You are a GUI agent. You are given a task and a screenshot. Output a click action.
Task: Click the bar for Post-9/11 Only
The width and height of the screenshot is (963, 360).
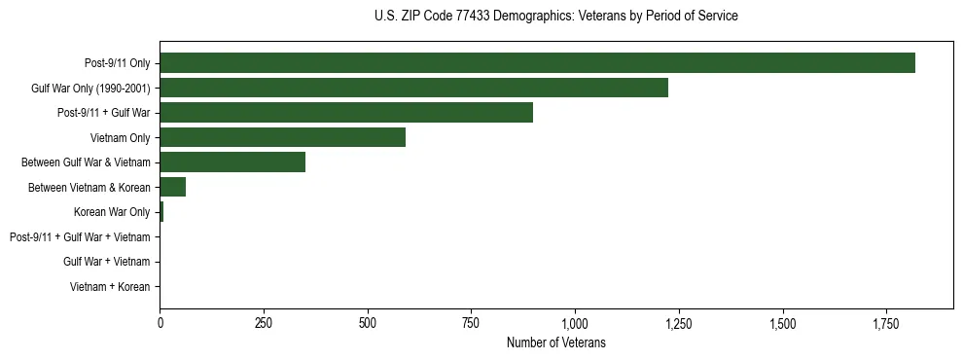[537, 63]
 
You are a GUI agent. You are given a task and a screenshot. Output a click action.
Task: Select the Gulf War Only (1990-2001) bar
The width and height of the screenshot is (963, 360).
[413, 88]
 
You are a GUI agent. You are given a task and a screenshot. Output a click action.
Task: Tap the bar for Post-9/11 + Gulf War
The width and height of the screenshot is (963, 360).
[346, 113]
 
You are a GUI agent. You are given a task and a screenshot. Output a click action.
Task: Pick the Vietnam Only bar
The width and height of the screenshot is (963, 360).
[282, 137]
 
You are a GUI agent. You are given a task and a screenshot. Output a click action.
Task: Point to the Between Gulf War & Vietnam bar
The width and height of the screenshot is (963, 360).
[232, 162]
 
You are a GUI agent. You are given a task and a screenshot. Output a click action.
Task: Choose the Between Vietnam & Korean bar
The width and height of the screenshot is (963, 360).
[172, 187]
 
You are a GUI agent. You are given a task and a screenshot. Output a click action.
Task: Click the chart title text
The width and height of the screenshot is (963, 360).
[555, 17]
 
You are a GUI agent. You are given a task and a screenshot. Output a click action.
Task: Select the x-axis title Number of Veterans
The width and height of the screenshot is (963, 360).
[555, 342]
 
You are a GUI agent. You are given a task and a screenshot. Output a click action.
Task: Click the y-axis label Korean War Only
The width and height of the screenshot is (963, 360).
[112, 212]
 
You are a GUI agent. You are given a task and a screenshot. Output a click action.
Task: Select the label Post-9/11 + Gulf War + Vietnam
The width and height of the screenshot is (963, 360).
[80, 236]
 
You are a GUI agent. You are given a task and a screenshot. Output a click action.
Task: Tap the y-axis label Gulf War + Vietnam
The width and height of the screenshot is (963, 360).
[106, 262]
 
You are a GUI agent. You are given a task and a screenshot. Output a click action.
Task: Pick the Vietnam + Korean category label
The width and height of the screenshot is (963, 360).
[110, 286]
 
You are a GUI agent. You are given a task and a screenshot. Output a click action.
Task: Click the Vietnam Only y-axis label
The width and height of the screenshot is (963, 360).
[120, 138]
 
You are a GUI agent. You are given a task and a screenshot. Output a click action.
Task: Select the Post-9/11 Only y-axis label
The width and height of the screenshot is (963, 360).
[118, 63]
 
